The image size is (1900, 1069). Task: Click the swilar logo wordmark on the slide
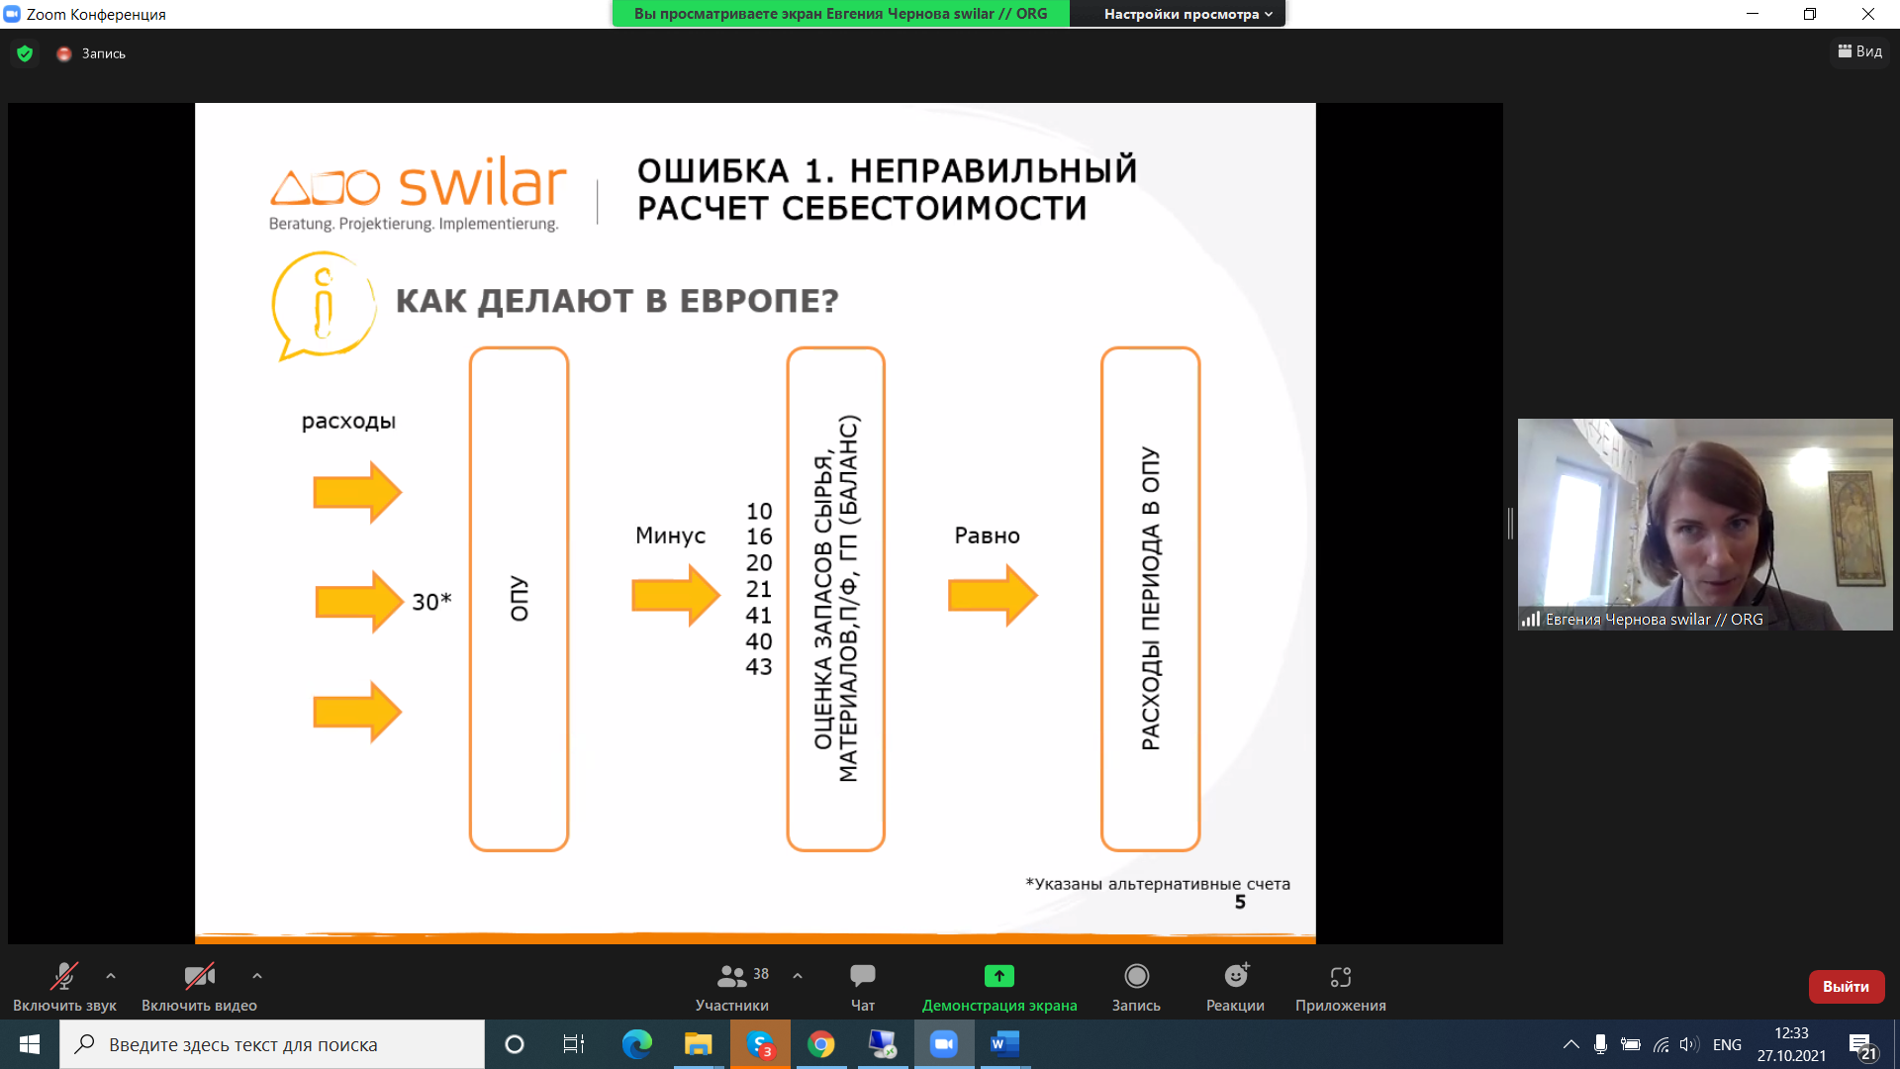tap(483, 182)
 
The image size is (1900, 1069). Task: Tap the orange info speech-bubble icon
tap(324, 306)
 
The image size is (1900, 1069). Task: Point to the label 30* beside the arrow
tap(431, 601)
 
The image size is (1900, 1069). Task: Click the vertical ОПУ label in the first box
tap(520, 599)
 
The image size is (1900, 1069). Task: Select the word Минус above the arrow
tap(670, 535)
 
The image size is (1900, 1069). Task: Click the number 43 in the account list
tap(759, 666)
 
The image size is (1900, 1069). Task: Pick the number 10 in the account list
tap(759, 511)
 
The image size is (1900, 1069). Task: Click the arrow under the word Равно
tap(993, 595)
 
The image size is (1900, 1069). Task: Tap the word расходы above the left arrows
tap(348, 422)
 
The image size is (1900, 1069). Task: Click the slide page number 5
tap(1240, 902)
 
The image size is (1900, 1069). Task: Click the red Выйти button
tap(1846, 987)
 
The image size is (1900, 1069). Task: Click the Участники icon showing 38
tap(732, 976)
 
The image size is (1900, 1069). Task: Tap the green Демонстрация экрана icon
tap(999, 976)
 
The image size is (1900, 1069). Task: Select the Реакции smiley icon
tap(1236, 976)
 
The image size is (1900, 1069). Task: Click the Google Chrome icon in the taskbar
tap(820, 1044)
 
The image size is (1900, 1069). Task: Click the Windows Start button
tap(30, 1044)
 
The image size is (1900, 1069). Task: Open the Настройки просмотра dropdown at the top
tap(1188, 14)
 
